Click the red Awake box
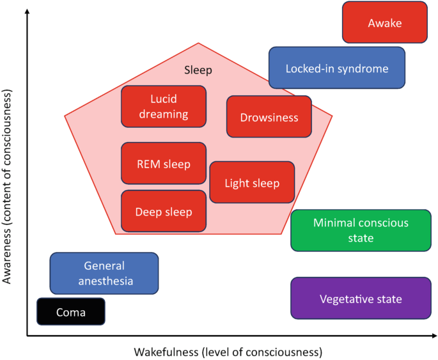pyautogui.click(x=384, y=22)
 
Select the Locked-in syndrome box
pyautogui.click(x=336, y=68)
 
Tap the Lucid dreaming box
pyautogui.click(x=164, y=107)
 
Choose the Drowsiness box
pyautogui.click(x=269, y=117)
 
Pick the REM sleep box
pyautogui.click(x=164, y=164)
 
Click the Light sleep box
pyautogui.click(x=252, y=183)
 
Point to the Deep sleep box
pyautogui.click(x=164, y=212)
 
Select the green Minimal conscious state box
pyautogui.click(x=361, y=230)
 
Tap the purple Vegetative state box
pyautogui.click(x=361, y=299)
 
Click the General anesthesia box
pyautogui.click(x=104, y=273)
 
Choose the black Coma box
pyautogui.click(x=70, y=312)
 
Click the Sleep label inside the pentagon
pyautogui.click(x=198, y=70)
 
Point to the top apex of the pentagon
pyautogui.click(x=198, y=43)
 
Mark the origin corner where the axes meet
pyautogui.click(x=27, y=334)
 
